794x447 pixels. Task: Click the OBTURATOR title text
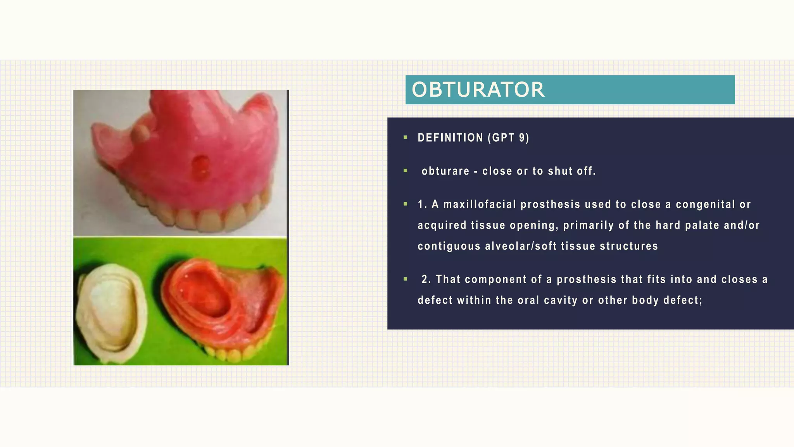(x=478, y=90)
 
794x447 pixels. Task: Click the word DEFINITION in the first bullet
(x=450, y=138)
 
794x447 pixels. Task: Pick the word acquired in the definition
(x=442, y=225)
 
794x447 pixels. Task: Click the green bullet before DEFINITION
(x=406, y=137)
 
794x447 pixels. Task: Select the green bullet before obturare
(x=406, y=171)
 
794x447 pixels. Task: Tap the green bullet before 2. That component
(x=406, y=279)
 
